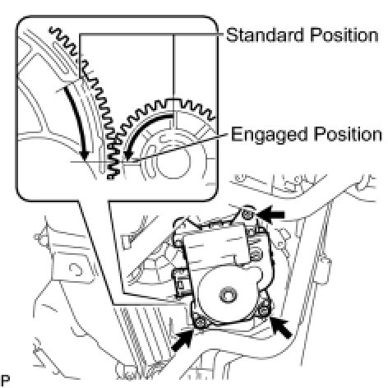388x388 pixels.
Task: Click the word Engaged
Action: click(x=270, y=135)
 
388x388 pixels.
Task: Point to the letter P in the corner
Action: click(x=5, y=380)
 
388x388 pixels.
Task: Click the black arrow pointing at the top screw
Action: click(x=270, y=214)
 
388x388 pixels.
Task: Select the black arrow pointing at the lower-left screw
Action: click(x=182, y=340)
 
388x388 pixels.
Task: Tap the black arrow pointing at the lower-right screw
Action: click(x=281, y=327)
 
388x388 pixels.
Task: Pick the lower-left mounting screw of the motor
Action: click(x=201, y=322)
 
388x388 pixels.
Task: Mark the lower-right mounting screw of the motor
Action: click(x=263, y=310)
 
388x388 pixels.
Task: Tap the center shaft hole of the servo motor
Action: click(x=229, y=294)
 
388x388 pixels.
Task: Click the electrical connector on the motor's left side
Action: click(x=180, y=283)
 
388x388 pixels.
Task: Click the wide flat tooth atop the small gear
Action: click(x=173, y=101)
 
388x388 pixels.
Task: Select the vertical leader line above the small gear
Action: click(x=173, y=66)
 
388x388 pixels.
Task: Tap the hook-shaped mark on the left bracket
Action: click(x=76, y=270)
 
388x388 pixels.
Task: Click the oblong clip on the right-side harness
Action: click(x=326, y=270)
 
